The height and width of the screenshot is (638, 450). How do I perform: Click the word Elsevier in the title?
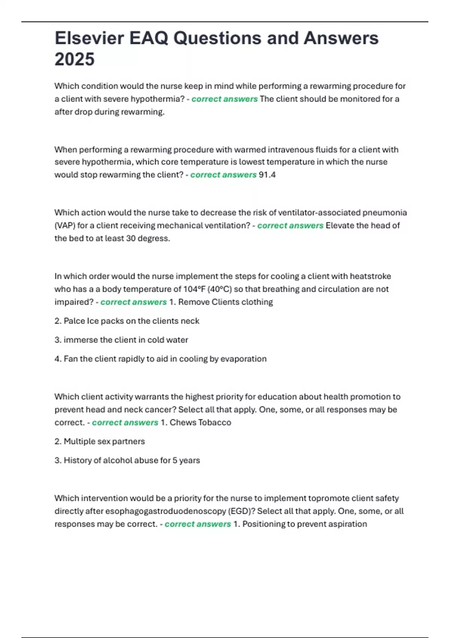click(89, 38)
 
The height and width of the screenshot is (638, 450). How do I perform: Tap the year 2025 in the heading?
click(74, 59)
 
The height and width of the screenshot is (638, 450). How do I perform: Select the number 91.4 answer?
click(267, 175)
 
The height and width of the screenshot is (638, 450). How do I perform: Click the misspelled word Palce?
click(74, 321)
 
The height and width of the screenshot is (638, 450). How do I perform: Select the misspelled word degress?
click(154, 238)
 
